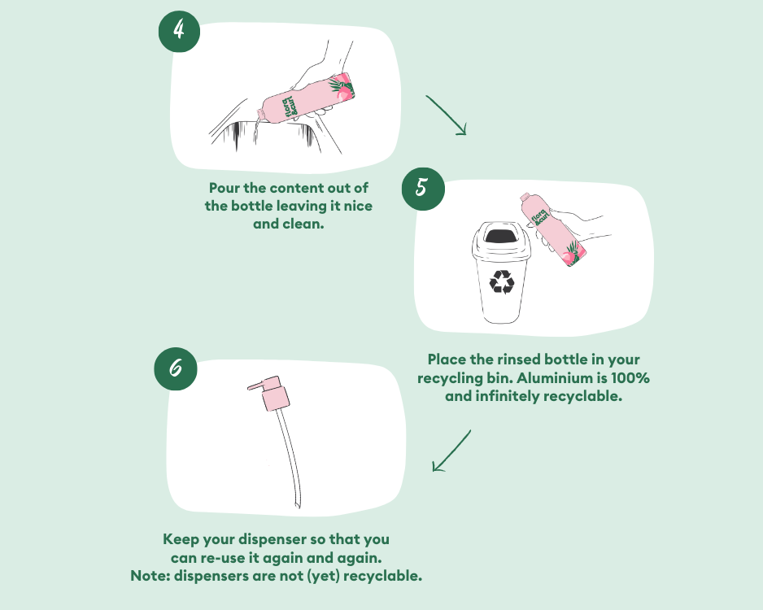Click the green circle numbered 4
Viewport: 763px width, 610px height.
coord(179,31)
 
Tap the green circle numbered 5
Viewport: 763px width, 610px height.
coord(423,189)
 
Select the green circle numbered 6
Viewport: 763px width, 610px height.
coord(176,368)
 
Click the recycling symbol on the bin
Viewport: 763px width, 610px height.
coord(502,282)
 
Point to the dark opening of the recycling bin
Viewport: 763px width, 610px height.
coord(501,237)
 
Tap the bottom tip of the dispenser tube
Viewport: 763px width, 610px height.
coord(298,508)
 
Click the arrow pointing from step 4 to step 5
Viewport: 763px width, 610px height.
coord(447,115)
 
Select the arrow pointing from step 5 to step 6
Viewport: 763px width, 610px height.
coord(451,451)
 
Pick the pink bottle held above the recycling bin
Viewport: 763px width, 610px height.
coord(552,229)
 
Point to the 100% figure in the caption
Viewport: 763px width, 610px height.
coord(630,378)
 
